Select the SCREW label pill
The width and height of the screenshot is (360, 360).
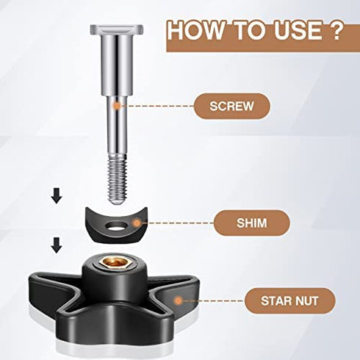[231, 106]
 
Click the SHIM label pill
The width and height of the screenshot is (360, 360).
[251, 223]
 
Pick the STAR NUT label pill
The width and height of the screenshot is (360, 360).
[289, 300]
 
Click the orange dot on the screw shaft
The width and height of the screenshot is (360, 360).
[118, 106]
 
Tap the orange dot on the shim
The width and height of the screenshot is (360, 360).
[137, 223]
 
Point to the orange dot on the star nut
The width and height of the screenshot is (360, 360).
[179, 300]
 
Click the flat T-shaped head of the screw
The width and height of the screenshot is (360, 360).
[117, 29]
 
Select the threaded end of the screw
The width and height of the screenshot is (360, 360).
[117, 179]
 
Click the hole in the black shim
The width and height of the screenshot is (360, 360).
[116, 226]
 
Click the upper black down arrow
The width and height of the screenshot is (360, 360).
[57, 195]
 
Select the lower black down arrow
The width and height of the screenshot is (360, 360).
[57, 245]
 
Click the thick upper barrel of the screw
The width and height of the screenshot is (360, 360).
[117, 65]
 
